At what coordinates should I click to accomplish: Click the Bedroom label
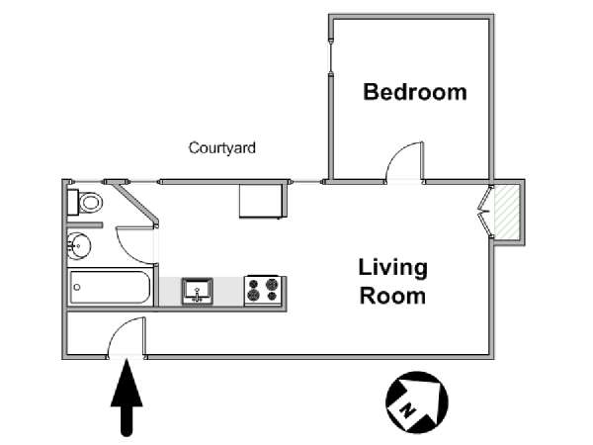point(415,92)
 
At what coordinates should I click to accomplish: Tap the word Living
point(393,269)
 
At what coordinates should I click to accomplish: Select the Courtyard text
point(222,148)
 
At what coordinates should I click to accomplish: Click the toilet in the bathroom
point(85,202)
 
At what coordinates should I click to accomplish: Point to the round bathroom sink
point(79,246)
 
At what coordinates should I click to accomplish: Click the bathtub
point(110,287)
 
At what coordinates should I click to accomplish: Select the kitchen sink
point(197,291)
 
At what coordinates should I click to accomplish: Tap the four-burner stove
point(263,290)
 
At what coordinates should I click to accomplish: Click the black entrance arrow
point(127,398)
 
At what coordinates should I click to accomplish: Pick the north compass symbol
point(417,402)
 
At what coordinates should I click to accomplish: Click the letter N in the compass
point(407,410)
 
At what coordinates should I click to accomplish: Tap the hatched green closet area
point(507,213)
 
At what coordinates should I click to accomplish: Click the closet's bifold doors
point(484,212)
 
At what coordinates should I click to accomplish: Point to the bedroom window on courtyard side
point(331,56)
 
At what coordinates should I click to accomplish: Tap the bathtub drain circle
point(77,287)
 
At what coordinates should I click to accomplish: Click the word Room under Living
point(392,296)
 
